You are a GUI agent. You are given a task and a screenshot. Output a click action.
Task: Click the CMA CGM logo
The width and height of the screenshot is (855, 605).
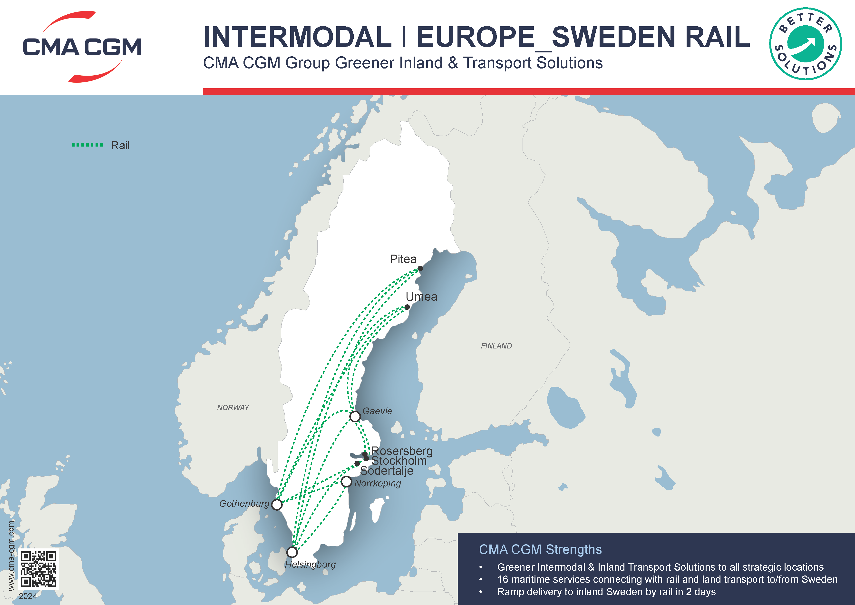pos(82,47)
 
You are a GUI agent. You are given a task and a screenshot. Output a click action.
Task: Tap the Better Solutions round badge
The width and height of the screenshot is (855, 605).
pos(806,44)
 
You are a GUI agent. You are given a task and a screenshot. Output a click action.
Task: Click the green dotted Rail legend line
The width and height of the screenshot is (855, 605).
pos(87,145)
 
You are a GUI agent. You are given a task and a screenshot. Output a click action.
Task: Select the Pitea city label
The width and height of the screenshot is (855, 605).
pos(403,259)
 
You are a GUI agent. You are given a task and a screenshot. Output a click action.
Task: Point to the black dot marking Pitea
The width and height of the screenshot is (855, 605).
pos(420,268)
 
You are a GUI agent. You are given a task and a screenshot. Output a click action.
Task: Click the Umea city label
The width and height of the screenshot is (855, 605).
pos(421,297)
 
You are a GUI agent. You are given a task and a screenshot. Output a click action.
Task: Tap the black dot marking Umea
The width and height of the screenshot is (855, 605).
pos(407,307)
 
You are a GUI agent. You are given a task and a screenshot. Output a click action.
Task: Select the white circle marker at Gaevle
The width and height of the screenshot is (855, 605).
pos(355,416)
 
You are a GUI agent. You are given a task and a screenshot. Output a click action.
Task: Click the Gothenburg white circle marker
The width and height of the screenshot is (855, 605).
pos(277,505)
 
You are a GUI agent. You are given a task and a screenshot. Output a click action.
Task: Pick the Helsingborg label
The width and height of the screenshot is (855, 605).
pos(310,564)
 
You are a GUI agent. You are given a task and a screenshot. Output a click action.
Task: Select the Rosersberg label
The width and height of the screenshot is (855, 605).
pos(402,451)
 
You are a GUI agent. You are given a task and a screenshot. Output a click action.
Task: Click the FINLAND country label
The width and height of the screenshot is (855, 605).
pos(496,346)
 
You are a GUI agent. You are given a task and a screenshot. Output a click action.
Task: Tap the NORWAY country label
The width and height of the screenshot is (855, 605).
pos(233,407)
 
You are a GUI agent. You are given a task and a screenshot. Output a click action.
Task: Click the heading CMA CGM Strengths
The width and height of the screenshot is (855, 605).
pos(540,549)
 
